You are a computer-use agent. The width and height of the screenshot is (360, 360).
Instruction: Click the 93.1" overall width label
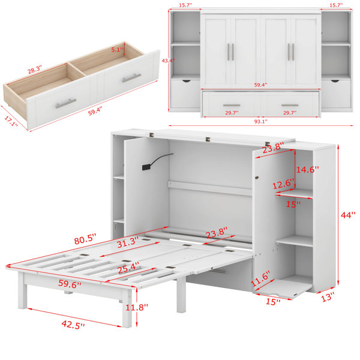(260, 122)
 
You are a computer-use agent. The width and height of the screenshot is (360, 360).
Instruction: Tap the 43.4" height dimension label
(168, 61)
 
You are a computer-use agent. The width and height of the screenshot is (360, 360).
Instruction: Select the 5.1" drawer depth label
(118, 49)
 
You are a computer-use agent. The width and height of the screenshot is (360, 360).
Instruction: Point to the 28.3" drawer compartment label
(35, 70)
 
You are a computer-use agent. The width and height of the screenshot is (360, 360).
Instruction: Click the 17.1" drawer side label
(11, 121)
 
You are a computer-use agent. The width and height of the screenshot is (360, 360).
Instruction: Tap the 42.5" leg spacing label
(73, 325)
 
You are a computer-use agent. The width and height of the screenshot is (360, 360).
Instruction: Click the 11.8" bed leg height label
(137, 307)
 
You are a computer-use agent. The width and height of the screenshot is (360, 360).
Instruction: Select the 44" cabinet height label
(348, 215)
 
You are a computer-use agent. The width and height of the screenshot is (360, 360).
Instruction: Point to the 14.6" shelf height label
(307, 170)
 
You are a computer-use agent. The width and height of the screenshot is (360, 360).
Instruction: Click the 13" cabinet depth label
(328, 297)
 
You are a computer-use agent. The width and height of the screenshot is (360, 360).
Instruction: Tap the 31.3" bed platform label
(128, 242)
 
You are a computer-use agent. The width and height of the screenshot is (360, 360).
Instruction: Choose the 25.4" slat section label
(128, 268)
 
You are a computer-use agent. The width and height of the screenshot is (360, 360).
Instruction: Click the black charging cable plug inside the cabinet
(146, 167)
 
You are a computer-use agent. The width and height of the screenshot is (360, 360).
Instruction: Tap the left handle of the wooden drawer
(65, 103)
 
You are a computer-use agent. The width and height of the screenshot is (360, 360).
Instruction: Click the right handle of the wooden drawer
(131, 78)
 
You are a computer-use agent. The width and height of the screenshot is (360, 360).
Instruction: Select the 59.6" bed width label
(70, 284)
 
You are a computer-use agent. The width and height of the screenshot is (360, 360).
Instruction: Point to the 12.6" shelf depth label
(283, 184)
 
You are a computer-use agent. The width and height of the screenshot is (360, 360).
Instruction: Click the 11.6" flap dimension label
(260, 278)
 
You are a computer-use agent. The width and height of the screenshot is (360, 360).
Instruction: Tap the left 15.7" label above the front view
(185, 5)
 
